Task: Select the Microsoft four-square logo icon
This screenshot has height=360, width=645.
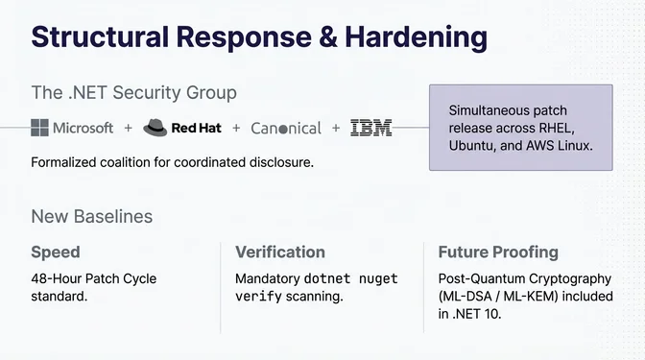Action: pyautogui.click(x=40, y=128)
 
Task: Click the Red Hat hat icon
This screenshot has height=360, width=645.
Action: pyautogui.click(x=155, y=128)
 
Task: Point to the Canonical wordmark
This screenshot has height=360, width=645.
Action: pyautogui.click(x=286, y=128)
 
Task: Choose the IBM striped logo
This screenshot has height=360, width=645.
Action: pyautogui.click(x=370, y=128)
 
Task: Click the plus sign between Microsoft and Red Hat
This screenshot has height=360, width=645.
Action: pyautogui.click(x=129, y=128)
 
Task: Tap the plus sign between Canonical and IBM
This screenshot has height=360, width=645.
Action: pyautogui.click(x=336, y=128)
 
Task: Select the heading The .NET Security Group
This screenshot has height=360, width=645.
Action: pyautogui.click(x=133, y=93)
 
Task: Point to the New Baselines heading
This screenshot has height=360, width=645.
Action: pyautogui.click(x=91, y=216)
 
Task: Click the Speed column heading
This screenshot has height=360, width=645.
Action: pyautogui.click(x=56, y=252)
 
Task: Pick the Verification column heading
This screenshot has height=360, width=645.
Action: pyautogui.click(x=280, y=252)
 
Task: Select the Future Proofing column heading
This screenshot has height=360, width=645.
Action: pyautogui.click(x=498, y=252)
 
